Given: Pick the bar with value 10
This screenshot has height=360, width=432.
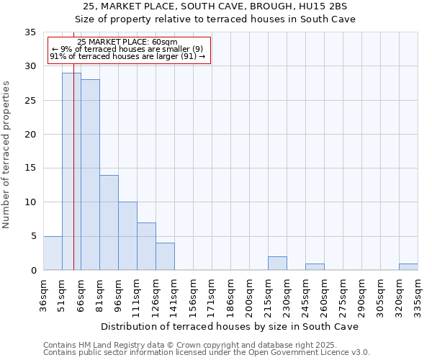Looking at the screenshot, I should coord(127,236).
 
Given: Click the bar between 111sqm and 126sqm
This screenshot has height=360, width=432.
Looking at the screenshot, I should coord(146,246).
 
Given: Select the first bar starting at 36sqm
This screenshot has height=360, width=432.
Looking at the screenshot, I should coord(53,253).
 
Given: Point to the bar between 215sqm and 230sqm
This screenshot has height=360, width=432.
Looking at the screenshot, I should coord(277,264).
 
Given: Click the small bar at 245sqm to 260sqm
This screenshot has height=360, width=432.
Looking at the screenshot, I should coord(315,267).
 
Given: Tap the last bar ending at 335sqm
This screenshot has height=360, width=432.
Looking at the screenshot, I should coord(408,267).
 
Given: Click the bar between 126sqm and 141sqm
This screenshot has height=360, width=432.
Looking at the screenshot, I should coord(165,256).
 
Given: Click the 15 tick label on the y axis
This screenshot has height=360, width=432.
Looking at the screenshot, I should coord(30,168).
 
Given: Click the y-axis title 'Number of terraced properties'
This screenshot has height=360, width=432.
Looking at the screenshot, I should coord(7,154).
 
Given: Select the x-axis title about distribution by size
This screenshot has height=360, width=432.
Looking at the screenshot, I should coord(229,327).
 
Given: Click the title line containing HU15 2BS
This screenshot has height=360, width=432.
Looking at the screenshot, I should coord(215,6).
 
